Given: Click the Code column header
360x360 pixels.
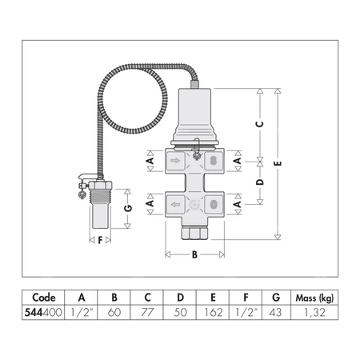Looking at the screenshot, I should (39, 294).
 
